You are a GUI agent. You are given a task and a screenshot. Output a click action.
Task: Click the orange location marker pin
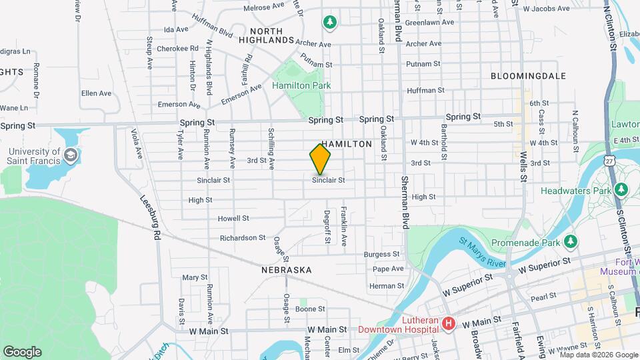tap(320, 159)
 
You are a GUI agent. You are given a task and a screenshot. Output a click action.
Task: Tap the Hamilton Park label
tap(301, 85)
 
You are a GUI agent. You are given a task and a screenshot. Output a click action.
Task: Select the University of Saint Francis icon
tap(71, 156)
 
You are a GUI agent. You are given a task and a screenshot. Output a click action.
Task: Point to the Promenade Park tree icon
tap(570, 240)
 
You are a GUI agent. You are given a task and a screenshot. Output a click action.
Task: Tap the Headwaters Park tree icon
tap(621, 190)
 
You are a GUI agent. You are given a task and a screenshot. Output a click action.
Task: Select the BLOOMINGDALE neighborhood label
tap(528, 76)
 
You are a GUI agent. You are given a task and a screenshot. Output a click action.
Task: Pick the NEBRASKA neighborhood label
tap(287, 270)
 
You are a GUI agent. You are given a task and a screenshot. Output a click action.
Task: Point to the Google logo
tap(22, 351)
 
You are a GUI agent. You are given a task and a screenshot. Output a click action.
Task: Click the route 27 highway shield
tap(610, 161)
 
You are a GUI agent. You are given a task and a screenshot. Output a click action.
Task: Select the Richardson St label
tap(243, 238)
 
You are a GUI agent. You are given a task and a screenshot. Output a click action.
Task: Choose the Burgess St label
tap(381, 254)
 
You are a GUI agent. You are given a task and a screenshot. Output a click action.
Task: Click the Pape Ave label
tap(388, 269)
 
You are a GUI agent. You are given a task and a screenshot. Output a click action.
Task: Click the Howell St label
tap(233, 218)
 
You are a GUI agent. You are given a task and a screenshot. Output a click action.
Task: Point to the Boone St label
tap(310, 309)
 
